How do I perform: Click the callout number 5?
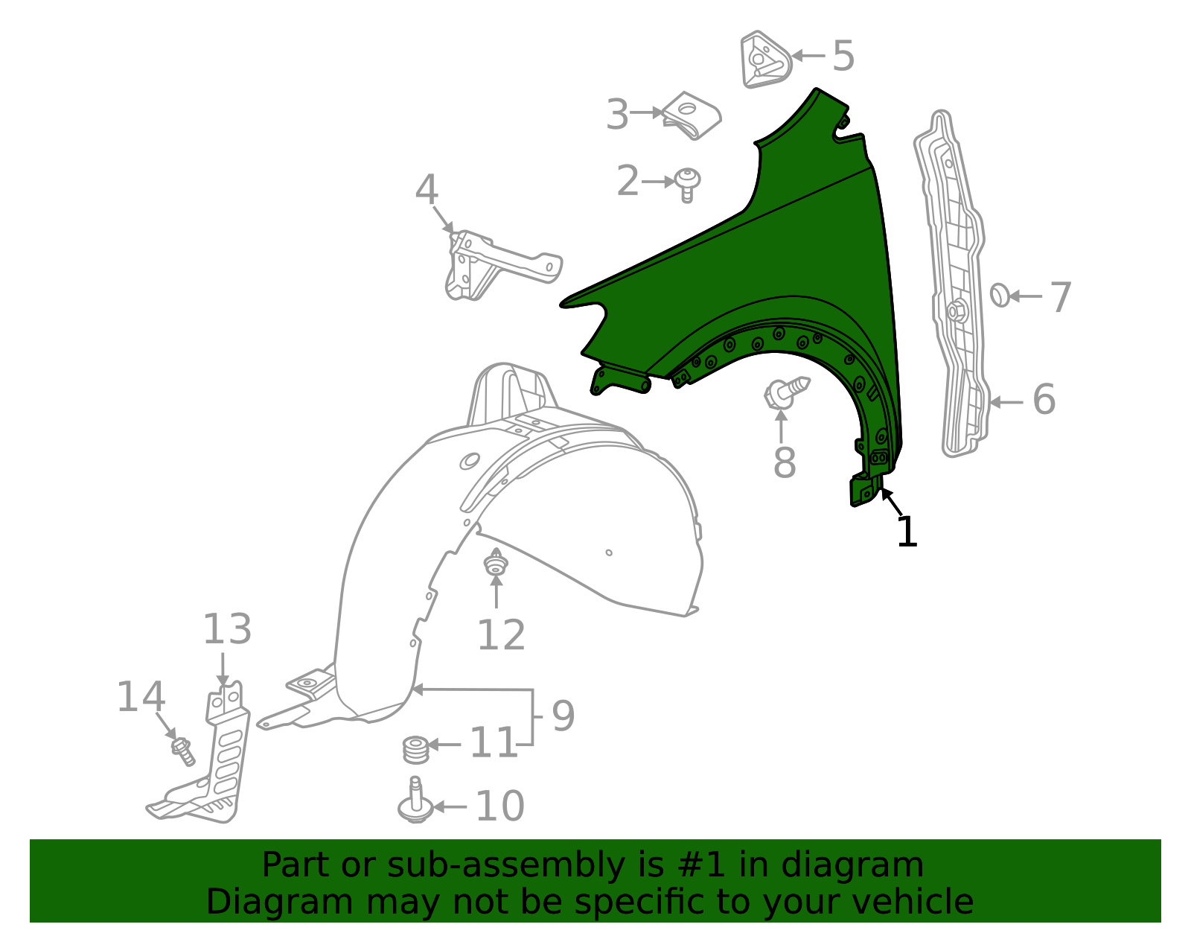pos(843,56)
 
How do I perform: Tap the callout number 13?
pos(227,629)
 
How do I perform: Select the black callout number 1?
pos(907,532)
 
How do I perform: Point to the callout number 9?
pos(563,716)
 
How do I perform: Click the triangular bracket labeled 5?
pos(763,60)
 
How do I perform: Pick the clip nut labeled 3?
pos(692,115)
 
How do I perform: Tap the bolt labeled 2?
pos(687,184)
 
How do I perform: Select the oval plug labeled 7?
pos(1000,295)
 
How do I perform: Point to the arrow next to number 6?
pos(1006,402)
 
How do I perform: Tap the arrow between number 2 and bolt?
pos(659,182)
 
